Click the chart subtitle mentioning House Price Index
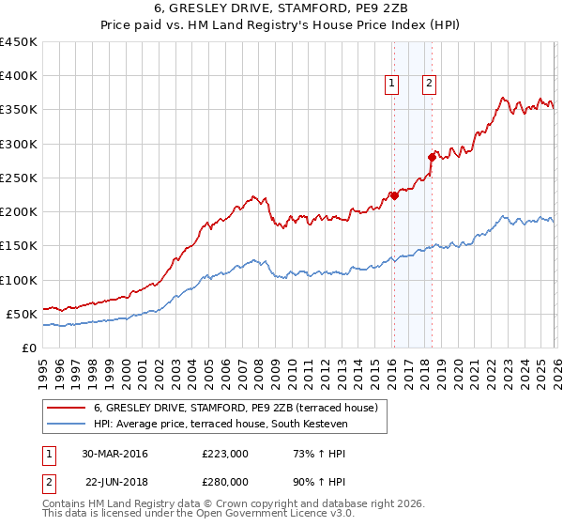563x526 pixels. (x=281, y=27)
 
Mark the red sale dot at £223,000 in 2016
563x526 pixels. (x=394, y=195)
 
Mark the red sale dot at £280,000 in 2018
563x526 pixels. (x=432, y=157)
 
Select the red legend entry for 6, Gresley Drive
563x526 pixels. (x=235, y=408)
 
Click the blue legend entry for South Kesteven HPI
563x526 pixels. (x=221, y=425)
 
